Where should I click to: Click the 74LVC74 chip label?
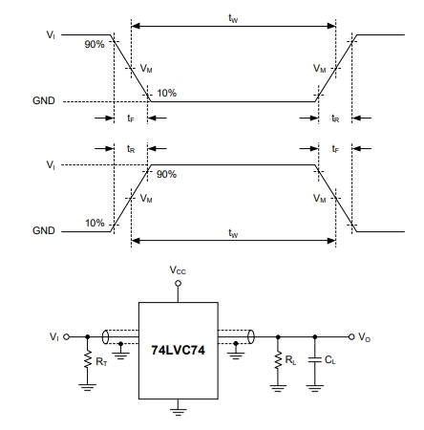tap(178, 350)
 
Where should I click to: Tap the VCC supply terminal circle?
tap(179, 283)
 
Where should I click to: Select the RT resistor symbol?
tap(88, 359)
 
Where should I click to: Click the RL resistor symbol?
tap(278, 360)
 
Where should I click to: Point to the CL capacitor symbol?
tap(315, 360)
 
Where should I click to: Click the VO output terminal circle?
tap(351, 336)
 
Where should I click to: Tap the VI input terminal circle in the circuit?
tap(67, 336)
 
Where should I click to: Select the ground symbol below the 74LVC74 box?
tap(179, 412)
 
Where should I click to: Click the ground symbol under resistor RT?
tap(88, 387)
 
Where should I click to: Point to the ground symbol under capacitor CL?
tap(315, 388)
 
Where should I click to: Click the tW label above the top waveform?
tap(233, 18)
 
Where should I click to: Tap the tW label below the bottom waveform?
tap(233, 233)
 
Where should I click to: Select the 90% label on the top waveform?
tap(95, 44)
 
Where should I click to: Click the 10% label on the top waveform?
tap(166, 93)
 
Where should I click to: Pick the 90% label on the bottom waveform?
tap(166, 174)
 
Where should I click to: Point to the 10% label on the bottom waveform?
tap(95, 223)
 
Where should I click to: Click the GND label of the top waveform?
tap(44, 101)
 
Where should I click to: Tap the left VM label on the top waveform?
tap(146, 69)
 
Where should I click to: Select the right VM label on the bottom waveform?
tap(320, 199)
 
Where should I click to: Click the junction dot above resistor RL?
tap(278, 336)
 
